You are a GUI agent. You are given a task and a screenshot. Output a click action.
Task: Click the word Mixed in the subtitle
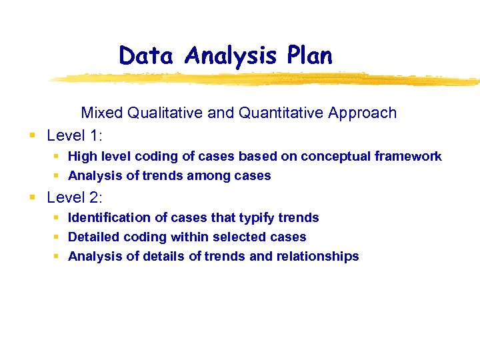101,113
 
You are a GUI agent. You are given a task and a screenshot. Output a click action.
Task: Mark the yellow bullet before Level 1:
32,136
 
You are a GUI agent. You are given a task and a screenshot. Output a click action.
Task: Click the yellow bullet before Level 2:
32,197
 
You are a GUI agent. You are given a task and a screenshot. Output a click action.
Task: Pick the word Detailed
94,237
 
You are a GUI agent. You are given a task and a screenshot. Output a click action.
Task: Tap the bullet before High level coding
57,156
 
